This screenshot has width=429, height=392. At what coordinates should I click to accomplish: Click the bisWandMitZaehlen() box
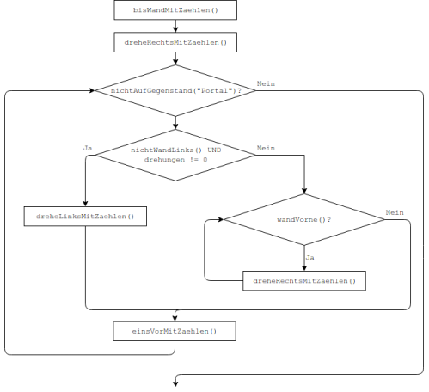pyautogui.click(x=175, y=10)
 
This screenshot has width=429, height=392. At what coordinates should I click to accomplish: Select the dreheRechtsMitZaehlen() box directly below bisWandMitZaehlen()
pyautogui.click(x=175, y=42)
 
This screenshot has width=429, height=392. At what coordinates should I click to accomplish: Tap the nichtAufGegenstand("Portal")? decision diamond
pyautogui.click(x=175, y=91)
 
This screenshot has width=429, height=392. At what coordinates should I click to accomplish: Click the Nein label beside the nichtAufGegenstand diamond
pyautogui.click(x=266, y=83)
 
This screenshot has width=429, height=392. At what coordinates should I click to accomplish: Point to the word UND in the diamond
pyautogui.click(x=214, y=150)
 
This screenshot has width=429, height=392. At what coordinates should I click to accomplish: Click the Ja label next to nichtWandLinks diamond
pyautogui.click(x=88, y=148)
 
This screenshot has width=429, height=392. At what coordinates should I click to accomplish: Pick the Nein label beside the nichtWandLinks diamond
pyautogui.click(x=266, y=148)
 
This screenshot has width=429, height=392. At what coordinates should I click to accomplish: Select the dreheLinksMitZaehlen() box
pyautogui.click(x=85, y=217)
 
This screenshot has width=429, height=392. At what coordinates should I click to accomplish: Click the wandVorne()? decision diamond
pyautogui.click(x=304, y=220)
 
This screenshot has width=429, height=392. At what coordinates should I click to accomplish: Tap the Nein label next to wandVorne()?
pyautogui.click(x=395, y=212)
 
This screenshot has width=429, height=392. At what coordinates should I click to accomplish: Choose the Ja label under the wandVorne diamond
pyautogui.click(x=309, y=258)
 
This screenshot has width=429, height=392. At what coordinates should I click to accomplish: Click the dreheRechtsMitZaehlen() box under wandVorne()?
pyautogui.click(x=304, y=281)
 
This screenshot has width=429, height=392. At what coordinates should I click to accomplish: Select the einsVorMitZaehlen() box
pyautogui.click(x=175, y=331)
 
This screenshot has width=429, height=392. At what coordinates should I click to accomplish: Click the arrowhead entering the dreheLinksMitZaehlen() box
pyautogui.click(x=85, y=204)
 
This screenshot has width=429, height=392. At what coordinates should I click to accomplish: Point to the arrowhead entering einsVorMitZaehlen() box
pyautogui.click(x=175, y=318)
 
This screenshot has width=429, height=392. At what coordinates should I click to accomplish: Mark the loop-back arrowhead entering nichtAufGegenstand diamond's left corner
pyautogui.click(x=92, y=90)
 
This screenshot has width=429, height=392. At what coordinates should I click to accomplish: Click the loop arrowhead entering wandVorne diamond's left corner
pyautogui.click(x=221, y=219)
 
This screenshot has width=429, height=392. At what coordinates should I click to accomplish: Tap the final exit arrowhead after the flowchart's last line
pyautogui.click(x=175, y=383)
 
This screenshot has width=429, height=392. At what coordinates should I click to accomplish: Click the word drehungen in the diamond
pyautogui.click(x=164, y=160)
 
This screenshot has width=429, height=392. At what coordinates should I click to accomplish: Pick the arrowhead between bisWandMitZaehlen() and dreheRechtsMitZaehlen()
pyautogui.click(x=175, y=29)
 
